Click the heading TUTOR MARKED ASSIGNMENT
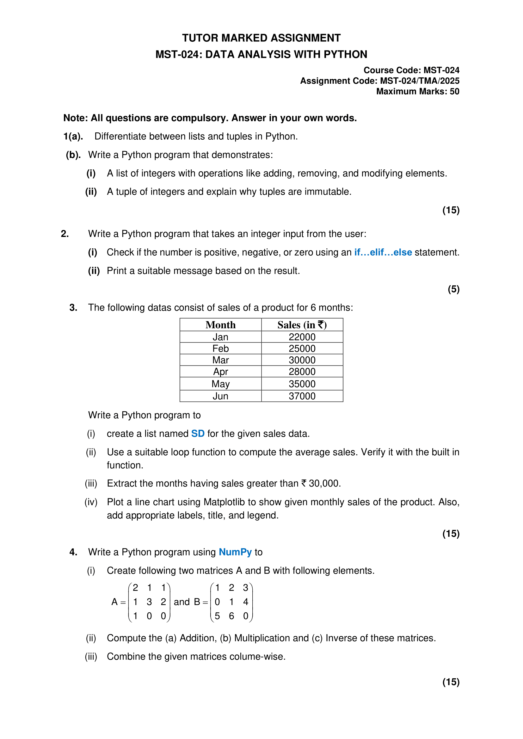261,38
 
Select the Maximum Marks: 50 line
417,91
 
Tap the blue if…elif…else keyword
383,252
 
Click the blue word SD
198,433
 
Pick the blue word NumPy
235,552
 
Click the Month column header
221,325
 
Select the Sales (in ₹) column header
302,325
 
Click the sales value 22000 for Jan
302,337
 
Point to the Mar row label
221,360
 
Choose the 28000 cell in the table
302,372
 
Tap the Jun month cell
221,396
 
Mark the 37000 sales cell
302,396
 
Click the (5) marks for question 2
453,289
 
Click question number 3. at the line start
73,308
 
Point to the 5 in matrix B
217,616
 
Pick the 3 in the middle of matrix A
149,602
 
